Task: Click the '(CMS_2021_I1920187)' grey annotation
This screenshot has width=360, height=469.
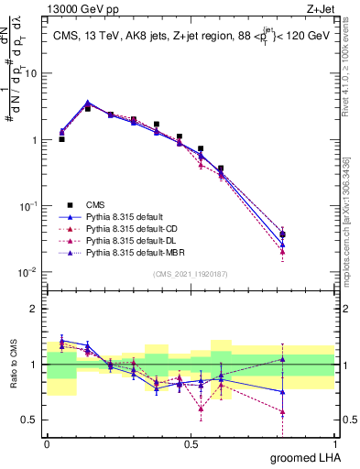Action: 191,274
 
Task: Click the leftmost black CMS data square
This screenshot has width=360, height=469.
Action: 61,139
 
